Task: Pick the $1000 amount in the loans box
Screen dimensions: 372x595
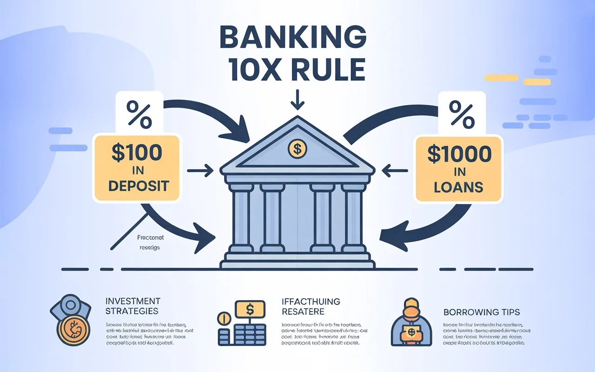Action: (x=459, y=154)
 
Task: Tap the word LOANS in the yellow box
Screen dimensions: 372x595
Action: (x=458, y=187)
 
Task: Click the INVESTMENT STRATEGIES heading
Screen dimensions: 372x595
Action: (x=132, y=306)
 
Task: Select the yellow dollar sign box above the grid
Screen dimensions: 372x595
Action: (x=250, y=308)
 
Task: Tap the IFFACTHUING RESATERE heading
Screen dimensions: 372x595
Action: (x=311, y=306)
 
